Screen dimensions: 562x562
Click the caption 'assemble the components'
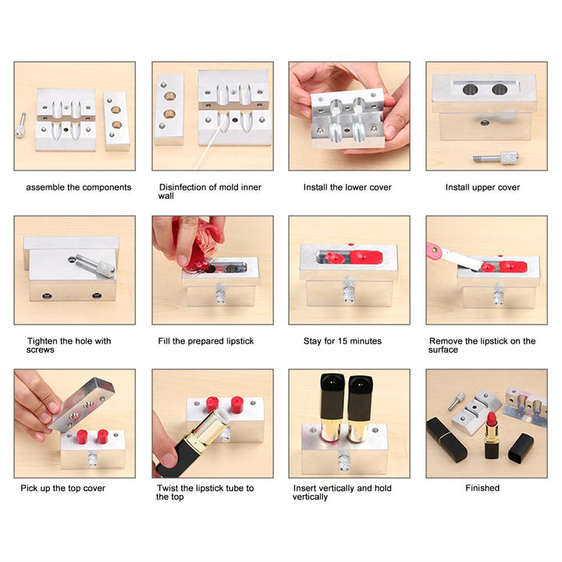78,187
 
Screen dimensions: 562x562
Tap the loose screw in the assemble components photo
21,125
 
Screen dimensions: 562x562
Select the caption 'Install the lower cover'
347,187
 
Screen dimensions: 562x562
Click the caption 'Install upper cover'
482,187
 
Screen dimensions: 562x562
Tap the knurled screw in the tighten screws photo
102,268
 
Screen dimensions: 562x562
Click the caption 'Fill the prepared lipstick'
206,341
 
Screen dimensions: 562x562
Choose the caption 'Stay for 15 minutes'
342,341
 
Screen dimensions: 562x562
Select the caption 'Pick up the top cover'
62,488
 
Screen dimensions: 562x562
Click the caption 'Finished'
482,488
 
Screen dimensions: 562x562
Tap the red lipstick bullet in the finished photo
493,419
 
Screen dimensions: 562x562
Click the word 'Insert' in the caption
306,488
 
